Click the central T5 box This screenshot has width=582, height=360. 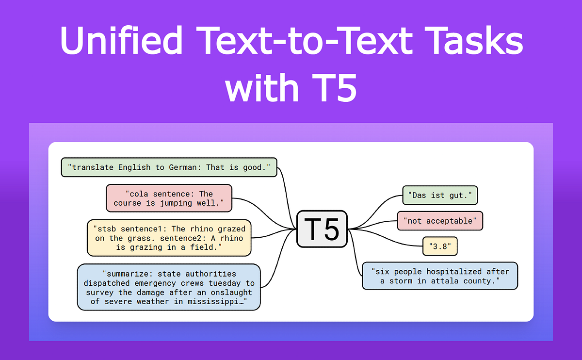click(322, 228)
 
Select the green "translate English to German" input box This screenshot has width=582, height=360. click(169, 167)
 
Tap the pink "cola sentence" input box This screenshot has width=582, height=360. click(169, 198)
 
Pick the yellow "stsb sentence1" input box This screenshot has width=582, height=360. click(169, 238)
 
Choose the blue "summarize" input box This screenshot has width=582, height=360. click(169, 287)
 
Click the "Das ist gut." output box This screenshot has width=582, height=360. click(440, 195)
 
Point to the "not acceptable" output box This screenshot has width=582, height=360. click(440, 221)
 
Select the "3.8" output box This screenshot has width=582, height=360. click(440, 246)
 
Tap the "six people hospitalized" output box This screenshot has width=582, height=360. click(440, 276)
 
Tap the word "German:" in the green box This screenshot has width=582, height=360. click(185, 167)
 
